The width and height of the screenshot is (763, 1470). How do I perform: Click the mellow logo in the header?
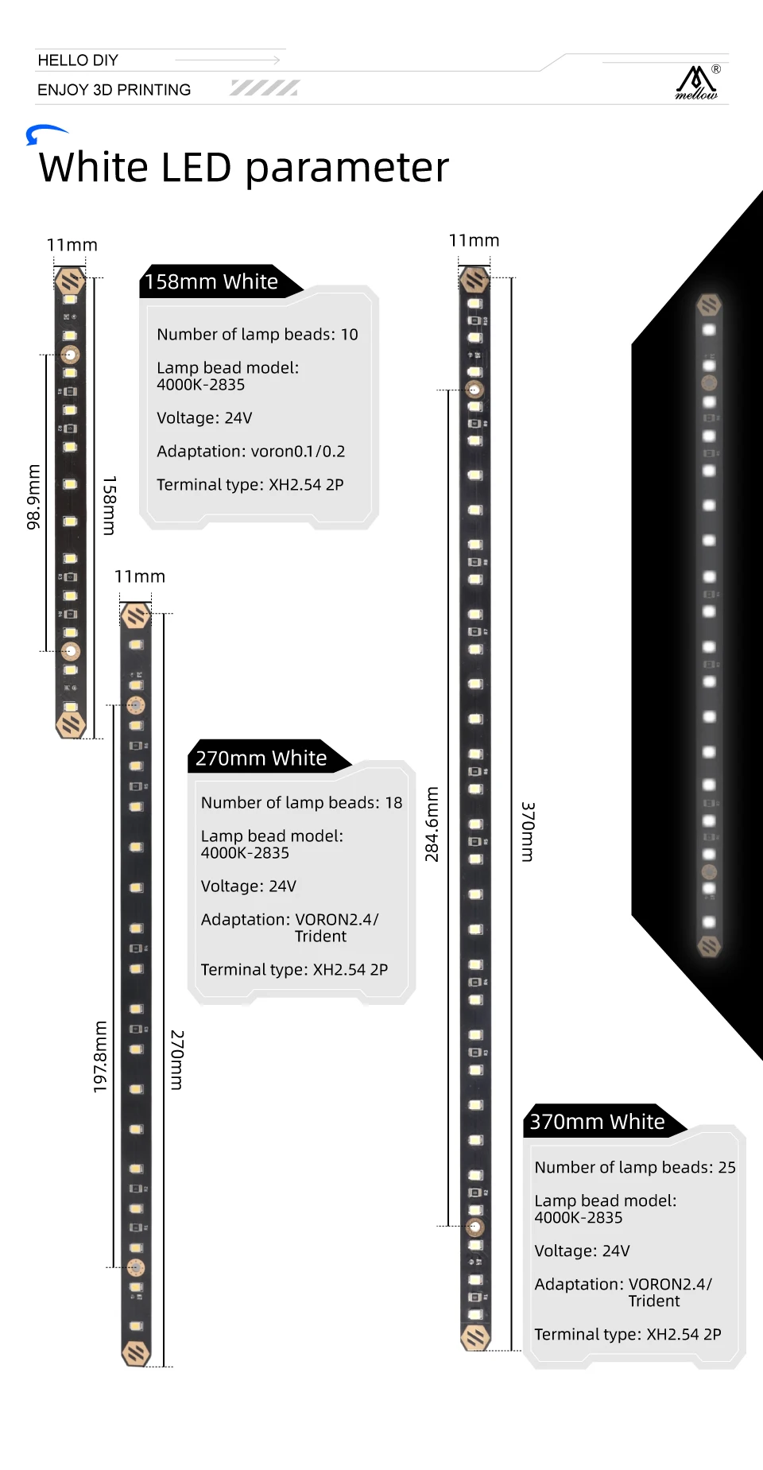697,83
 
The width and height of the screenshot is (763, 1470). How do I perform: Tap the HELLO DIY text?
78,60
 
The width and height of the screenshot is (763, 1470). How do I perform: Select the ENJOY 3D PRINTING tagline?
114,90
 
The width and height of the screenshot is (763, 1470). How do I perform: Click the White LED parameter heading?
243,168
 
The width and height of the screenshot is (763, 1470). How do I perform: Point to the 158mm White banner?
212,282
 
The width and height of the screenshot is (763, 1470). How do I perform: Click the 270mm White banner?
261,758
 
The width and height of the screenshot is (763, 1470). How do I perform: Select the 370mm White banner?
597,1122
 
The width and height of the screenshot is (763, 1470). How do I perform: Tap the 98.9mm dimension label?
33,497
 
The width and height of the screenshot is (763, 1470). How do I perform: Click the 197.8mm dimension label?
100,1057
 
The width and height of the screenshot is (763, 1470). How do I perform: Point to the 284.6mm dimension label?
432,824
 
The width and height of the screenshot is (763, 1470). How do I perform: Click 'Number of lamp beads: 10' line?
257,335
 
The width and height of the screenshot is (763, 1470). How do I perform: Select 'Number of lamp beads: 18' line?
301,803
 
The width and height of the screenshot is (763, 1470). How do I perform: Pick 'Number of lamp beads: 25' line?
634,1167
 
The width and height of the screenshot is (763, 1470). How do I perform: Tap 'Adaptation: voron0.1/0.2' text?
250,452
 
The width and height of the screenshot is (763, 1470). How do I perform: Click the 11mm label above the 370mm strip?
474,241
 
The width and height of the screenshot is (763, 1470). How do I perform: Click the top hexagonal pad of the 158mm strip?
70,281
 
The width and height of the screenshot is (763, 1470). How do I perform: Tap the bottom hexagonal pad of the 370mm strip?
476,1337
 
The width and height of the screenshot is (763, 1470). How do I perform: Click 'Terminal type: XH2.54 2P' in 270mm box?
294,970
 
